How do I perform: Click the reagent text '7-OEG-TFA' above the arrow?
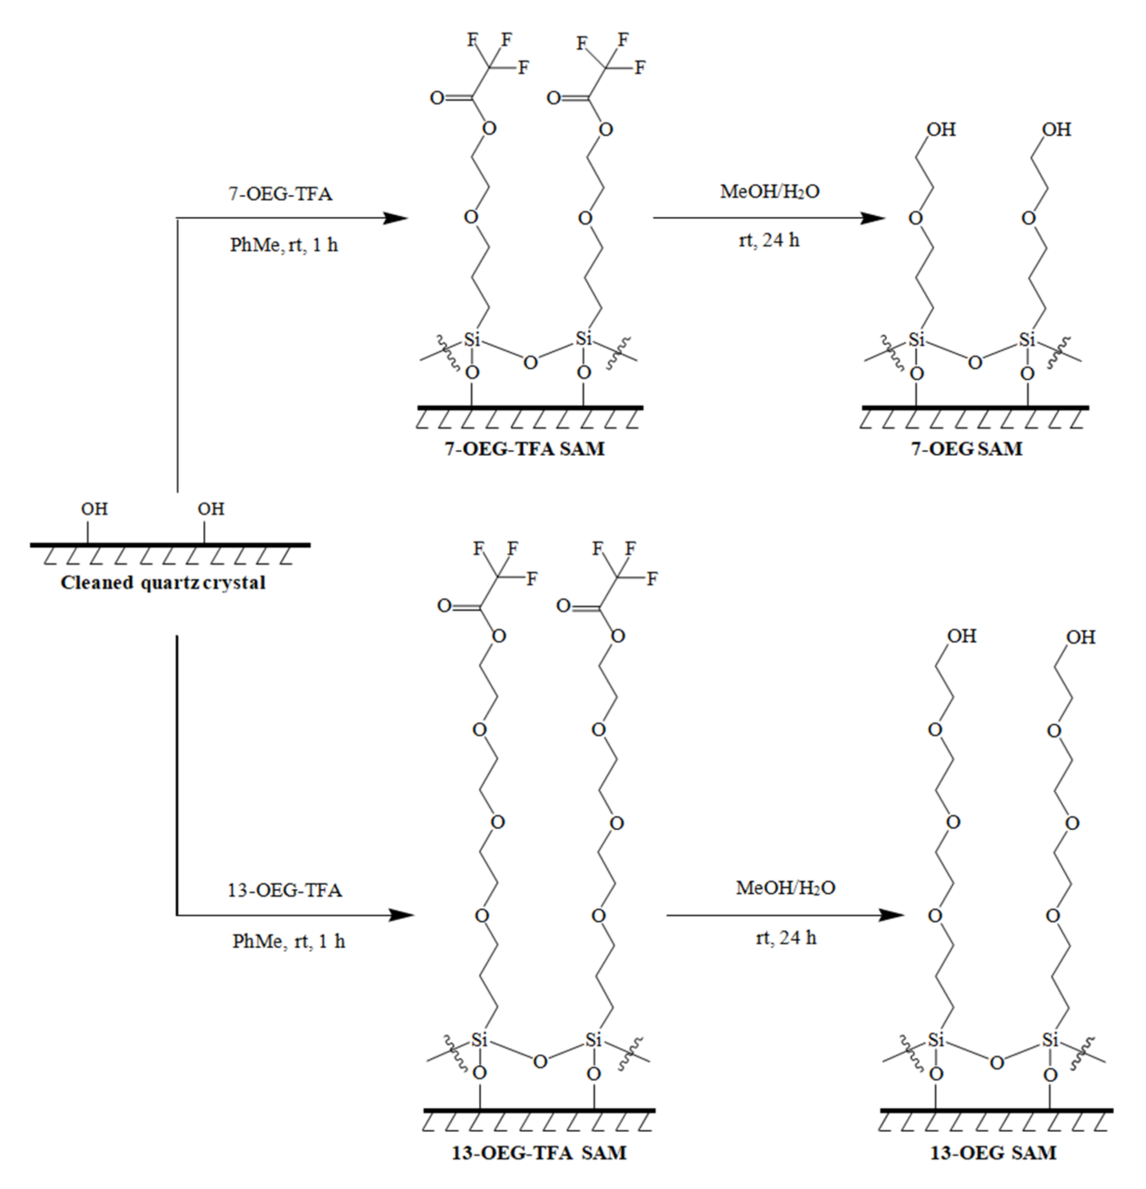point(280,194)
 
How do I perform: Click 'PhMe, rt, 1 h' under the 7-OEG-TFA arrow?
point(284,245)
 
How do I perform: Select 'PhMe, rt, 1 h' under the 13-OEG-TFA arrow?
point(289,941)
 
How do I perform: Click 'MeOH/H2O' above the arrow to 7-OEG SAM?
point(769,192)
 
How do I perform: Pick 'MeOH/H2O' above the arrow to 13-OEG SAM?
point(785,887)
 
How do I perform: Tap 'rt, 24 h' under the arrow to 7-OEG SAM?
point(769,240)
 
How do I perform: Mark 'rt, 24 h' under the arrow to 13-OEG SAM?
point(786,938)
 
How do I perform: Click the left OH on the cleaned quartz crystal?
point(94,509)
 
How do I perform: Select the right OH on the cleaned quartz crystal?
point(211,509)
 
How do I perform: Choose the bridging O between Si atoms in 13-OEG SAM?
point(996,1063)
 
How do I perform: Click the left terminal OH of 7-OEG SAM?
point(941,129)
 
